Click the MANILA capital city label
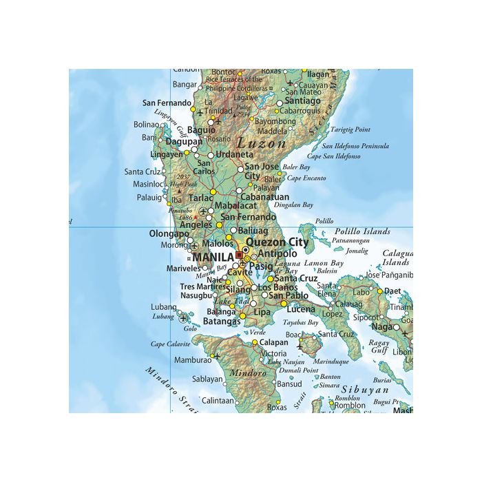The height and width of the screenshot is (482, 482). click(x=214, y=258)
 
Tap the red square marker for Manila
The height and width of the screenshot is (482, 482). click(x=239, y=255)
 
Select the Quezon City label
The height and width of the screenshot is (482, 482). click(x=277, y=242)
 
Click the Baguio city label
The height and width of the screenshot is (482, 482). click(x=201, y=129)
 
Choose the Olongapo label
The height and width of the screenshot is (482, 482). click(x=169, y=234)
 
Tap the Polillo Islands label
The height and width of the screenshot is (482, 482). click(x=362, y=231)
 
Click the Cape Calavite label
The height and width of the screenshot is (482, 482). click(x=171, y=344)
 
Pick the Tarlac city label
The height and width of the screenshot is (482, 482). click(x=201, y=198)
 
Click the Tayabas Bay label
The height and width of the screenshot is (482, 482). click(x=302, y=322)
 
